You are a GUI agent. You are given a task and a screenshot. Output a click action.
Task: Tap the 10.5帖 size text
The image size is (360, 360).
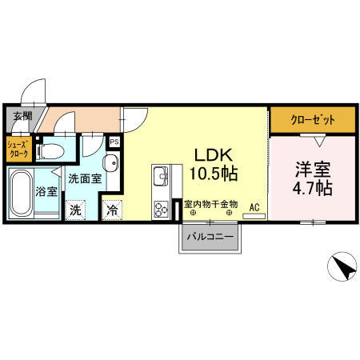[212, 172]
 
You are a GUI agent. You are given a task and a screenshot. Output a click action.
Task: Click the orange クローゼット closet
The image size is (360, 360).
[313, 120]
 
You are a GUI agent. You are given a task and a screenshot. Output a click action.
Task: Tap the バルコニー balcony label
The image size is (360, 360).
[210, 238]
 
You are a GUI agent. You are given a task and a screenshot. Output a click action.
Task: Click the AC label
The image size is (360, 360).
[255, 208]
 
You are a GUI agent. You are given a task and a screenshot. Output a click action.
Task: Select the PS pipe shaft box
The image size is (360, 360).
[114, 142]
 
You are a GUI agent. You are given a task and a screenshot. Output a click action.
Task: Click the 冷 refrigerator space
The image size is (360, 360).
[113, 211]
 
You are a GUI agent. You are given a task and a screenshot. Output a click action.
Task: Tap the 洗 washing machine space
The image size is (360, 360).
[75, 211]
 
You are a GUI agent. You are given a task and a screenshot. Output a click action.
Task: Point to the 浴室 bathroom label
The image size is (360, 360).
[47, 192]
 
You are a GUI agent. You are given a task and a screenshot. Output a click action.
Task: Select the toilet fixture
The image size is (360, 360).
[53, 150]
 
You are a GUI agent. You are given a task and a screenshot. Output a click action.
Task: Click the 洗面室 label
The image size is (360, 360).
[84, 179]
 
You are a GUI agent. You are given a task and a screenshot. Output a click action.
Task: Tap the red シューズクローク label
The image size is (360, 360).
[18, 149]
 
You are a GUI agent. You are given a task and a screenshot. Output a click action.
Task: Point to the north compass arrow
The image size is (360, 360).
[342, 267]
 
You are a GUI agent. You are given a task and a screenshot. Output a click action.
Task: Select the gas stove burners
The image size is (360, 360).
[160, 208]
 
